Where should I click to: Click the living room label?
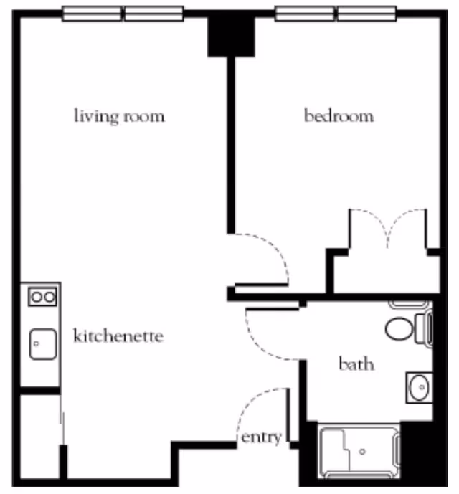coord(119,116)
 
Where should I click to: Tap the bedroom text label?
coord(339,115)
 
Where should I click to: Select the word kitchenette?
coord(118,336)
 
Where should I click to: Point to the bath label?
coord(356,364)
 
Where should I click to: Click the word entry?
coord(261,437)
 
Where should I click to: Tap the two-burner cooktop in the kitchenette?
coord(42,297)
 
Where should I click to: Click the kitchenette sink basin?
coord(43,344)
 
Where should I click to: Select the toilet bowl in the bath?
coord(399,329)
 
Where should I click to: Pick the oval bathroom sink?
coord(420,387)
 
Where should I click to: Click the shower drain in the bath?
coord(362,452)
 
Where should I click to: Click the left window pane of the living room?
coord(92,14)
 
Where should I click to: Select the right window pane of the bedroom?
coord(366,14)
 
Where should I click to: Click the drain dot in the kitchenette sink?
coord(37,343)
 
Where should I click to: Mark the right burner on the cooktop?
coord(49,297)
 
